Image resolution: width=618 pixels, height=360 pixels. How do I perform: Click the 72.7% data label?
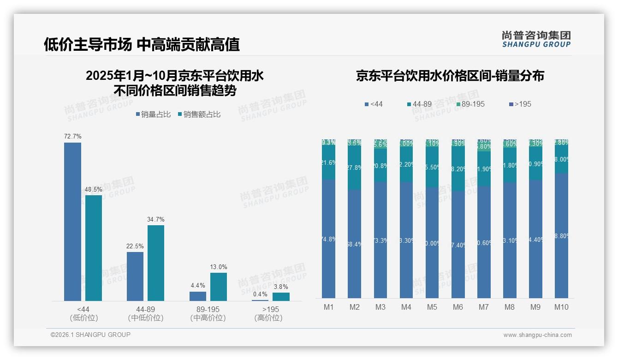point(73,137)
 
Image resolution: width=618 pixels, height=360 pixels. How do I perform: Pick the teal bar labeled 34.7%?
point(156,263)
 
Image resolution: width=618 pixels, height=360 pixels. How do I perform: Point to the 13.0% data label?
point(219,267)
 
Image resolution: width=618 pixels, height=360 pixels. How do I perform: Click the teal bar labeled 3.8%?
point(281,296)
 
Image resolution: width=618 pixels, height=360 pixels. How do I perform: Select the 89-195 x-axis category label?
point(208,309)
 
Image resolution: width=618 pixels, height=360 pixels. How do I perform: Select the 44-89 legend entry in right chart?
point(419,104)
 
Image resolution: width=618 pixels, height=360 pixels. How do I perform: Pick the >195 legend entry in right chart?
point(519,104)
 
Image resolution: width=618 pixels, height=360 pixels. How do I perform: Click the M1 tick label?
point(329,307)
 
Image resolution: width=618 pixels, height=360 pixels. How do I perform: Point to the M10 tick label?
point(561,307)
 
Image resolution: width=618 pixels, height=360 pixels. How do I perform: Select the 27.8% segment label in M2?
point(355,168)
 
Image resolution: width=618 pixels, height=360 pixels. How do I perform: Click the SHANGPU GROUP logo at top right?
point(536,39)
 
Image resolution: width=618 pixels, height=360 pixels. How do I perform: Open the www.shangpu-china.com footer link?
point(537,335)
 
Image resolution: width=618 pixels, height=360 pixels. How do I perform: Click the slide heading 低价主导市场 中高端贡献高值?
point(142,44)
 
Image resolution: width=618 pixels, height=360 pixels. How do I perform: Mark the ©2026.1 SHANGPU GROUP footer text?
point(90,335)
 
